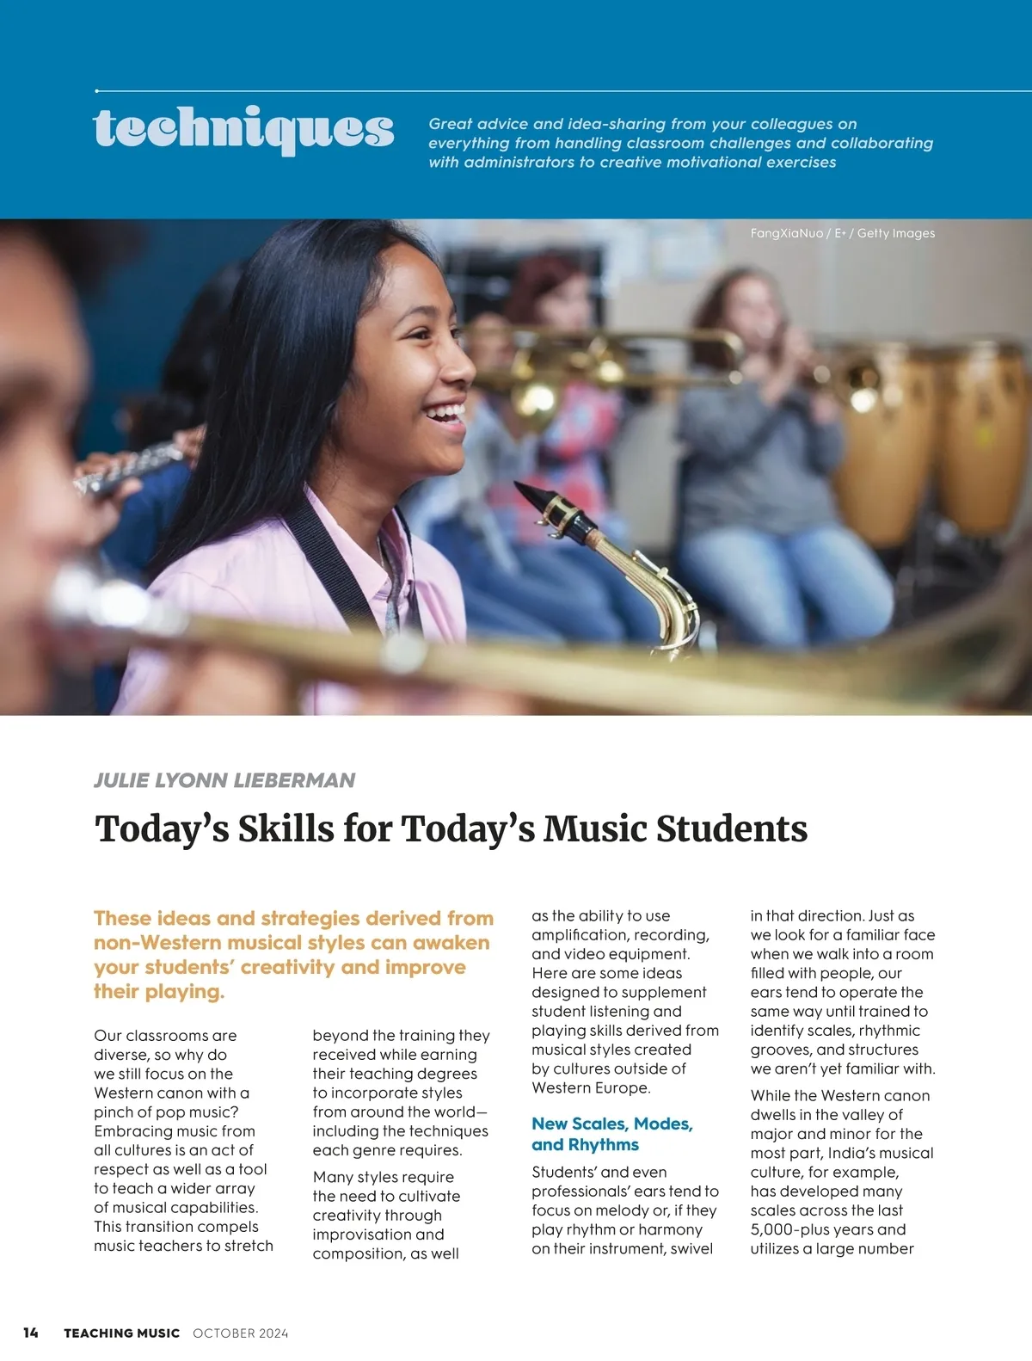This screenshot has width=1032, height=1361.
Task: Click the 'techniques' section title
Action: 243,129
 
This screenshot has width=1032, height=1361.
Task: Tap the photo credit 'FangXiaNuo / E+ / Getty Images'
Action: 842,233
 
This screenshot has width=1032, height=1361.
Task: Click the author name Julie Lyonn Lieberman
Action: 224,780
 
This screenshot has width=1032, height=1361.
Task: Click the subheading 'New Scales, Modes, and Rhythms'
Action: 611,1134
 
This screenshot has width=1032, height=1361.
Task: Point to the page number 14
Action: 31,1333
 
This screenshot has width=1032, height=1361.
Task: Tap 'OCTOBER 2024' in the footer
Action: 241,1333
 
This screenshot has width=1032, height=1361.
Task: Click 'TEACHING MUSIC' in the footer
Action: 121,1333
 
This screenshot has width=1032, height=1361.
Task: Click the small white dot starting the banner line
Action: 97,90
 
